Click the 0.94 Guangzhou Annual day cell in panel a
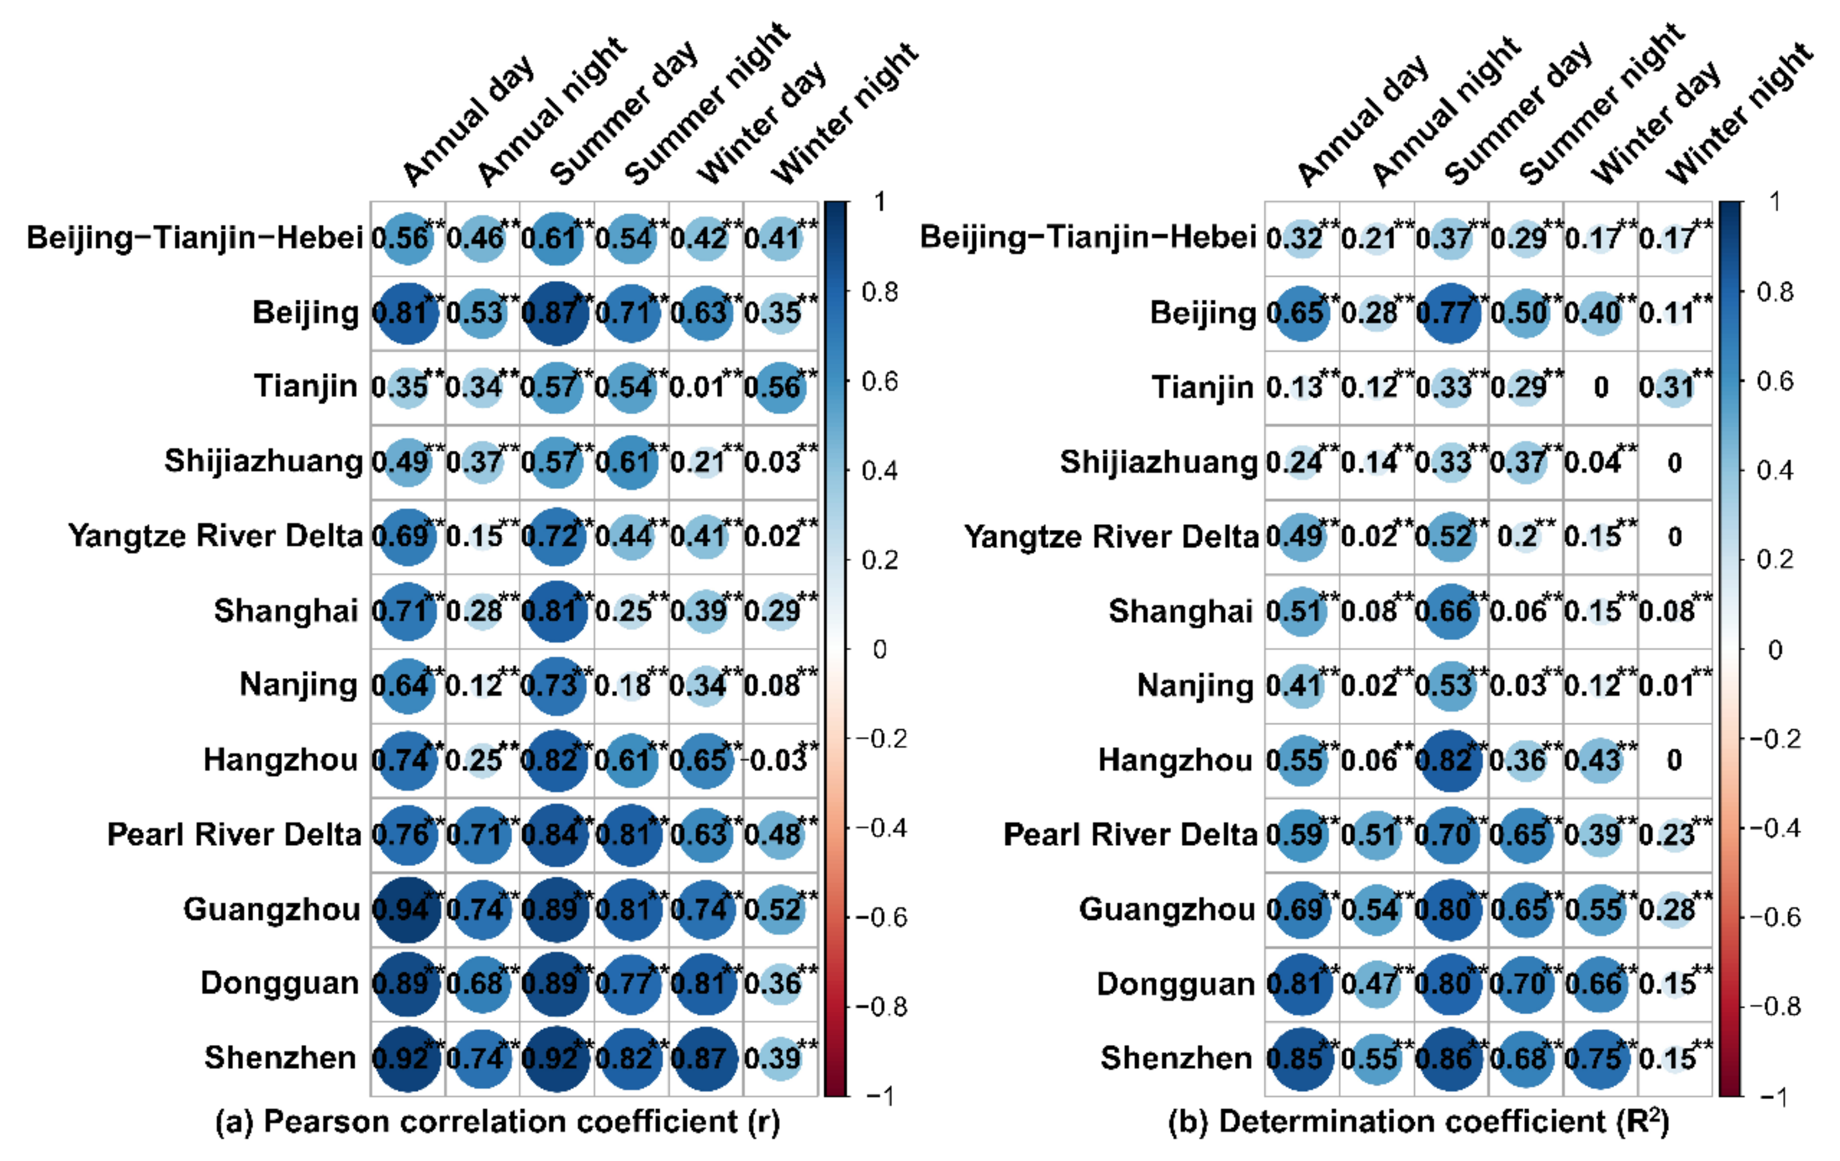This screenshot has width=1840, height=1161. pos(407,909)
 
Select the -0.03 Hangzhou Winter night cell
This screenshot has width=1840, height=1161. pos(779,760)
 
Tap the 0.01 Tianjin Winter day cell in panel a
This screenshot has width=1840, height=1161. pos(705,387)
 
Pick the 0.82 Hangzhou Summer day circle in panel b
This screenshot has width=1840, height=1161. pos(1450,760)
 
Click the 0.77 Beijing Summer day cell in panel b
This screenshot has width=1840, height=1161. pos(1450,312)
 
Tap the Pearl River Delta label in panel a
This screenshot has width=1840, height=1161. pos(234,834)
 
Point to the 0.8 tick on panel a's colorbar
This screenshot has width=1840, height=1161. pos(879,292)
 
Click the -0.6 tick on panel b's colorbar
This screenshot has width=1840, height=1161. pos(1774,917)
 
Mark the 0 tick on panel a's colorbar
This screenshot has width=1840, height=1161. pos(879,649)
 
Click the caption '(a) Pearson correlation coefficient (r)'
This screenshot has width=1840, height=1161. pos(497,1121)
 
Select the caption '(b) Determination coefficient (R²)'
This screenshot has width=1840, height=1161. pos(1418,1121)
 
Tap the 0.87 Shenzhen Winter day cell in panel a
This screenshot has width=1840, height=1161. pos(705,1058)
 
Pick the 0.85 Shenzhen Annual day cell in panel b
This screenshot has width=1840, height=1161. pos(1300,1058)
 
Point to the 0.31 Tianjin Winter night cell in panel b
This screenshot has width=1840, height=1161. pos(1673,387)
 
